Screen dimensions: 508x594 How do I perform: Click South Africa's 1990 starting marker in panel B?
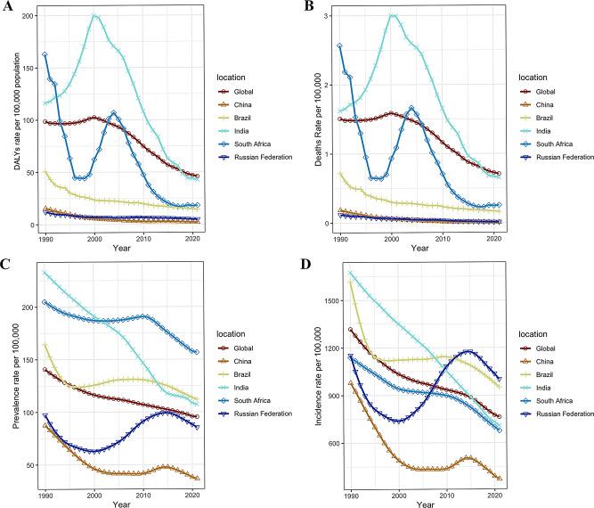coord(341,45)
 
